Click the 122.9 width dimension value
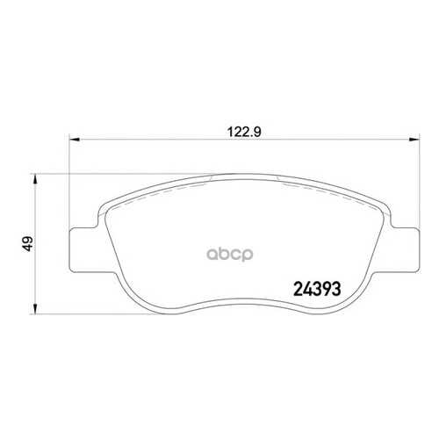point(244,133)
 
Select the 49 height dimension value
point(28,243)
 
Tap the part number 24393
point(317,289)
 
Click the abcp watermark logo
point(230,255)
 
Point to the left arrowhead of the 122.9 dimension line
point(75,140)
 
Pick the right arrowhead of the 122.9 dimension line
point(414,140)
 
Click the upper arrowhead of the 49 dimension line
point(35,179)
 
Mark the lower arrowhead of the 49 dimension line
point(35,309)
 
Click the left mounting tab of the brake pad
point(84,249)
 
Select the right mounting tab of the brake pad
point(406,249)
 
